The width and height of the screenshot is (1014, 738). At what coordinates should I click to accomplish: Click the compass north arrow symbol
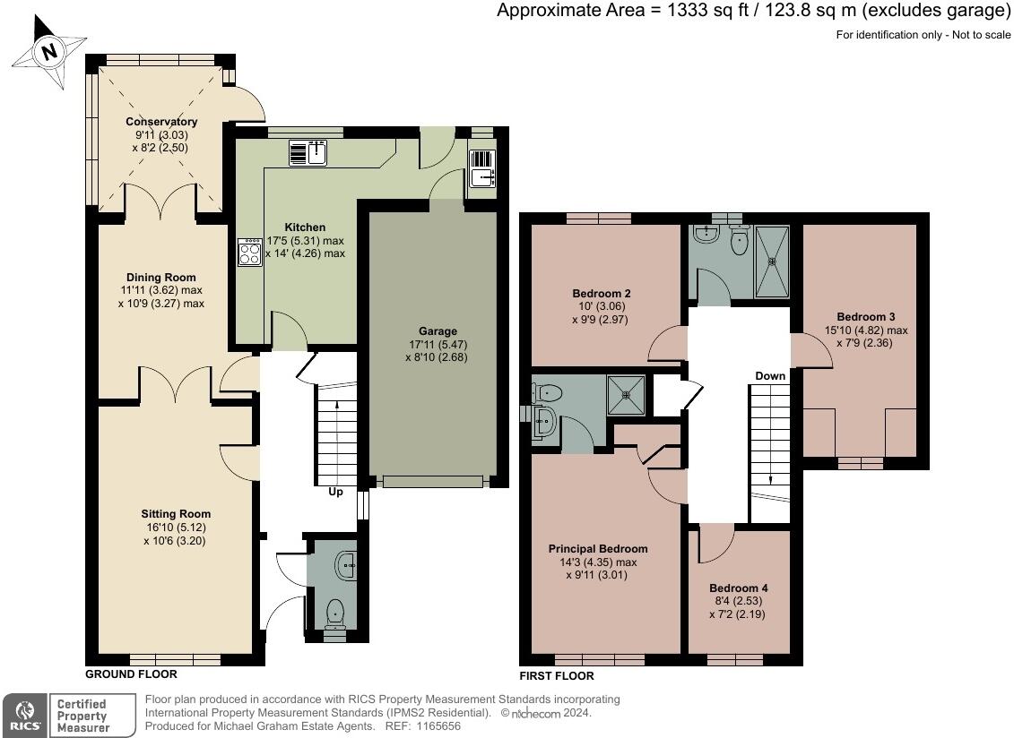[x=50, y=51]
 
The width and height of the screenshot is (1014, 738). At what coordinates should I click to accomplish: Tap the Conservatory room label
[x=161, y=122]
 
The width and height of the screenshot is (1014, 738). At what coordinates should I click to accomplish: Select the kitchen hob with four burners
[x=249, y=252]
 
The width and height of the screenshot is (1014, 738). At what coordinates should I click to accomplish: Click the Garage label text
[x=438, y=330]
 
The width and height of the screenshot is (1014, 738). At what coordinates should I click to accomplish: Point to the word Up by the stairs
[x=335, y=492]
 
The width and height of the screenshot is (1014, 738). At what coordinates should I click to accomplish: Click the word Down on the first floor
[x=770, y=376]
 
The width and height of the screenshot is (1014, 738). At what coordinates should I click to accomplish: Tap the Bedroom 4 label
[x=739, y=588]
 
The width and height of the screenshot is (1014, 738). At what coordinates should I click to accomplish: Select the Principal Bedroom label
[x=597, y=549]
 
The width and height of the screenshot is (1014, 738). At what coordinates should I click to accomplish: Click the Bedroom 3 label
[x=866, y=317]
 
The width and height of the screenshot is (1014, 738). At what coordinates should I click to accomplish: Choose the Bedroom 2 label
[x=602, y=294]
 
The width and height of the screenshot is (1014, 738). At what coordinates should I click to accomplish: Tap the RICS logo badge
[x=24, y=716]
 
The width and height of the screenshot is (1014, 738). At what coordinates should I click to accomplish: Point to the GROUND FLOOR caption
[x=131, y=674]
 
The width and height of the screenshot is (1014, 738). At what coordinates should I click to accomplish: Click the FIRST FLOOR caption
[x=557, y=676]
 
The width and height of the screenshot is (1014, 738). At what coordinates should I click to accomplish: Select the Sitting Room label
[x=176, y=514]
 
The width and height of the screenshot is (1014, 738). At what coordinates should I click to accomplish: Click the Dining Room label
[x=161, y=278]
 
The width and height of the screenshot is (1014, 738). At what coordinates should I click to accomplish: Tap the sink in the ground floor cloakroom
[x=346, y=565]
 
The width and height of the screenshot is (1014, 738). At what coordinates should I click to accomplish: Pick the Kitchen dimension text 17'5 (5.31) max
[x=305, y=240]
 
